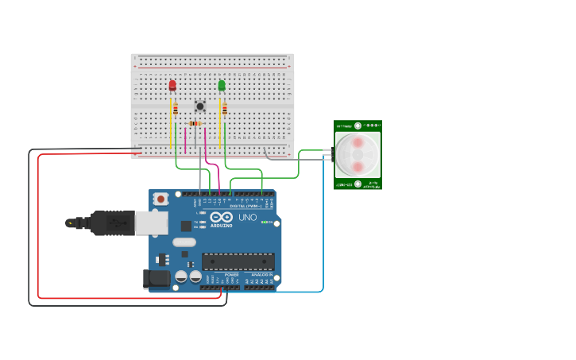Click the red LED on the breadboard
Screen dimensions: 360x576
(x=172, y=85)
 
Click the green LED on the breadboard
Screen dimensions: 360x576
(x=222, y=85)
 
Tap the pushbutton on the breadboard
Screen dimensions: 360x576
(x=200, y=105)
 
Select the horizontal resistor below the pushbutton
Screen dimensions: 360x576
(x=195, y=123)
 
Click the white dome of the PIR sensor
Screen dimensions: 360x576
(x=358, y=155)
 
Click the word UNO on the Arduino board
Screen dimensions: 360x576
(x=247, y=217)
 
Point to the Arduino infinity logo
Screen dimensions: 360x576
(x=222, y=217)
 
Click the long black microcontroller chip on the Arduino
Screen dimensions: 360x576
(x=238, y=261)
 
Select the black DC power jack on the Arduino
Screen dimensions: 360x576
(x=156, y=278)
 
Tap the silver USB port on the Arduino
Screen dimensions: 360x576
(x=151, y=223)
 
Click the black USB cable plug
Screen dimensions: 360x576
(x=112, y=223)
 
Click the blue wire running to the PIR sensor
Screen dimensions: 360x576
(x=323, y=238)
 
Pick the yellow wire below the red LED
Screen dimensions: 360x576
(x=170, y=127)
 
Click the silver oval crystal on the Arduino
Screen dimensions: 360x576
(x=184, y=242)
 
